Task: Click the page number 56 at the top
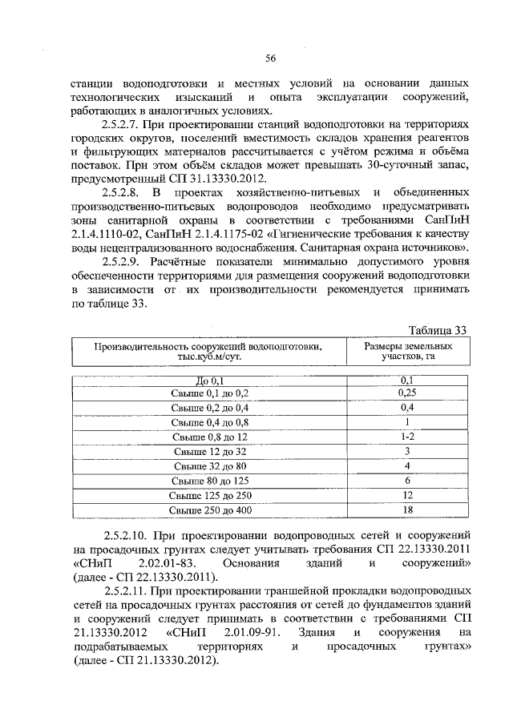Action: point(270,57)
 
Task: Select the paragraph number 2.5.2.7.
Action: point(125,126)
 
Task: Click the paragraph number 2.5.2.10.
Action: point(128,534)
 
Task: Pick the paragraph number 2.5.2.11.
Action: point(128,590)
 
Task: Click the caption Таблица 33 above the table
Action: point(437,330)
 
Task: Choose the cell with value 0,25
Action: point(406,393)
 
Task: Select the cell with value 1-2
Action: point(406,437)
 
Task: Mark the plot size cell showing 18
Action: point(406,510)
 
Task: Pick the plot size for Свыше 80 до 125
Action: point(406,481)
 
